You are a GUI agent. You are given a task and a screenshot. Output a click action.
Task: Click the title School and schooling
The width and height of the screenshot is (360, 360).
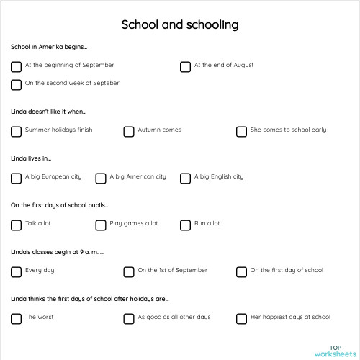point(180,24)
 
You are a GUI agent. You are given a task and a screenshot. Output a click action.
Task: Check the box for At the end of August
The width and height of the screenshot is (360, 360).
point(185,67)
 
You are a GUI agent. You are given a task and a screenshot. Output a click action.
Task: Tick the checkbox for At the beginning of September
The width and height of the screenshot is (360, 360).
point(16,67)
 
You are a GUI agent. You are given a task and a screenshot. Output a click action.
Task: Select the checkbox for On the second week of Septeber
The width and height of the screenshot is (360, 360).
point(16,85)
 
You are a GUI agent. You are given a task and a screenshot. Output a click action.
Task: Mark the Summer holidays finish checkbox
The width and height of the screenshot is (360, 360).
point(16,132)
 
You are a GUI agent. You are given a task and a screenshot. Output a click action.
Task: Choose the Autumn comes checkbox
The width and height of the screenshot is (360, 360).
point(129,132)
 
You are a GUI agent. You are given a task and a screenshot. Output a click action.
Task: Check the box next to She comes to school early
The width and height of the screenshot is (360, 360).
point(241,132)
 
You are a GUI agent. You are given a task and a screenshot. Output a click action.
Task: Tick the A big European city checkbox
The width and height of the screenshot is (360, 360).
point(16,178)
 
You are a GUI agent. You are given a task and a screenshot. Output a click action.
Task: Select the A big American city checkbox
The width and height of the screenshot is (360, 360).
point(101,178)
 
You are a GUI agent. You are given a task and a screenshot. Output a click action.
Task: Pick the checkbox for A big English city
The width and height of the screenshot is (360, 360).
point(185,178)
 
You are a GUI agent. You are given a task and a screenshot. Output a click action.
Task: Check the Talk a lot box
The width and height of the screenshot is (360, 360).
point(16,225)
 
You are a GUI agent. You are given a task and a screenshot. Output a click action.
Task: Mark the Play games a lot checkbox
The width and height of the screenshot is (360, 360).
point(101,225)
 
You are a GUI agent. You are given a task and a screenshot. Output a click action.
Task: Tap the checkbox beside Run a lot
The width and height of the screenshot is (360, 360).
point(185,225)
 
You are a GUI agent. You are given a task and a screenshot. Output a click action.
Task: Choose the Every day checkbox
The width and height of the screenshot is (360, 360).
point(16,272)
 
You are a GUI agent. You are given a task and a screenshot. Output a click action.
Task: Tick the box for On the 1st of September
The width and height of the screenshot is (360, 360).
point(129,272)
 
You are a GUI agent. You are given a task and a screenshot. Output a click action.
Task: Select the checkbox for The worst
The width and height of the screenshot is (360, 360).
point(16,319)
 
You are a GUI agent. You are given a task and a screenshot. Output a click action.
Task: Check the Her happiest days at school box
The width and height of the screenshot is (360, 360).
point(241,319)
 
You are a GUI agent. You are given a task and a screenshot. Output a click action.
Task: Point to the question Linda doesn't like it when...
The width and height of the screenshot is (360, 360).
point(48,112)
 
